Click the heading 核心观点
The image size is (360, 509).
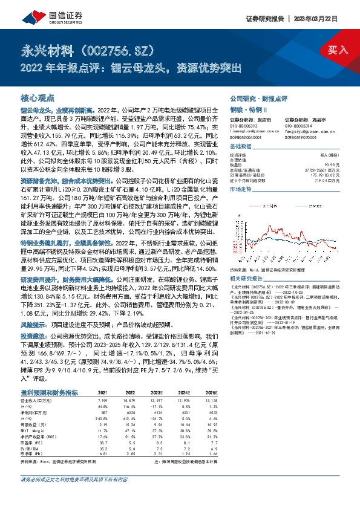point(38,97)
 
